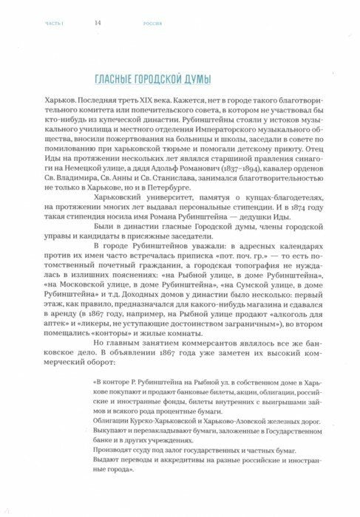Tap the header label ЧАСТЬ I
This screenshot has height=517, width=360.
pyautogui.click(x=44, y=23)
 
